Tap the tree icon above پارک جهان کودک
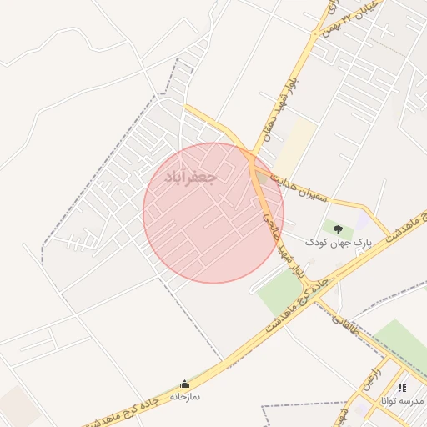click(337, 227)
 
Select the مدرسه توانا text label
click(402, 401)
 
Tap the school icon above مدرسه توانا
click(402, 388)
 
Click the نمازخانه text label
click(185, 397)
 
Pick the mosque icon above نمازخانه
click(184, 384)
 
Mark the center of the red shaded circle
click(213, 213)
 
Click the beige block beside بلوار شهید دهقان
click(296, 146)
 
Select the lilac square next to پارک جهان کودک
click(362, 219)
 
